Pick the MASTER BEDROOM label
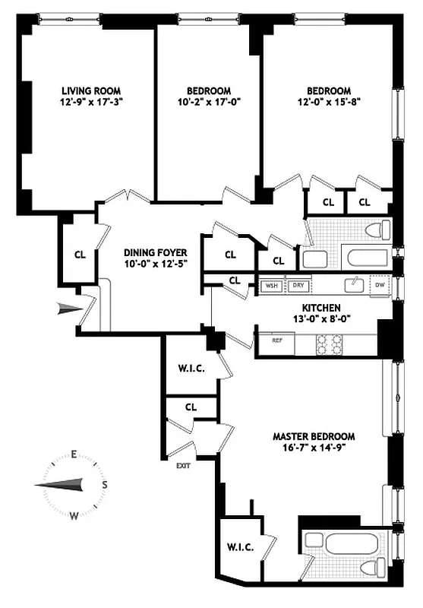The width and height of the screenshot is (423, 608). [x=314, y=436]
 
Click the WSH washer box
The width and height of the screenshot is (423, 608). [x=271, y=287]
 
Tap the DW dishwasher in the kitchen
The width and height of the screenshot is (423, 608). [x=380, y=286]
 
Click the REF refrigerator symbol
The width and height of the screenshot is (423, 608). [x=277, y=342]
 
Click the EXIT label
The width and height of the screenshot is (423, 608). [x=183, y=466]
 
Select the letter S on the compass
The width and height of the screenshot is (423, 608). [x=104, y=484]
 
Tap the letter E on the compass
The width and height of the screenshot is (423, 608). [x=74, y=455]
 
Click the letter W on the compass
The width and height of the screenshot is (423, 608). [x=74, y=515]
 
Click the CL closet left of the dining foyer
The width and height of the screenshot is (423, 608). [x=80, y=255]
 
